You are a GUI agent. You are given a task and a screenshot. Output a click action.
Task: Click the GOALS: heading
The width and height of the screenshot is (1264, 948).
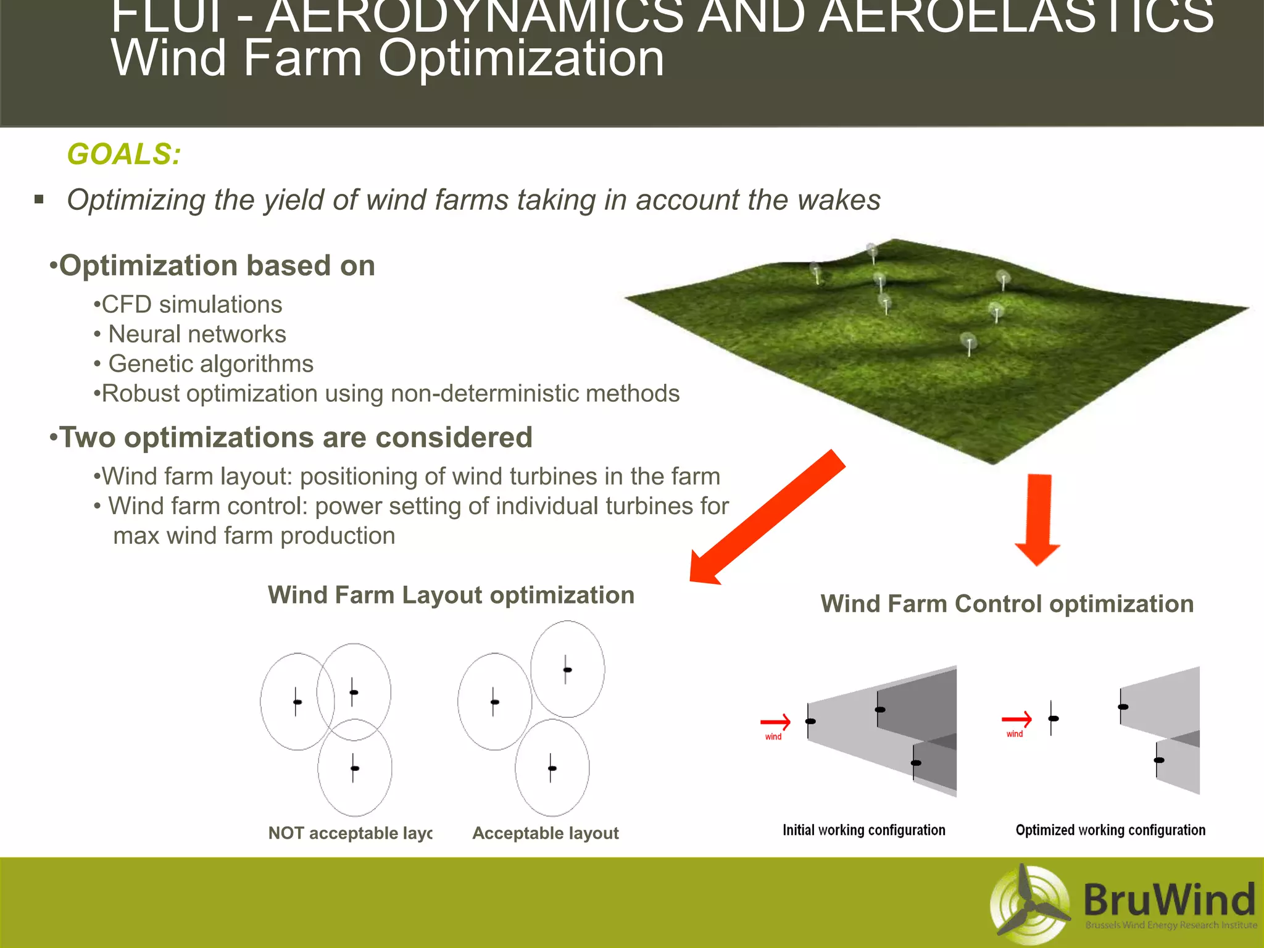pyautogui.click(x=123, y=154)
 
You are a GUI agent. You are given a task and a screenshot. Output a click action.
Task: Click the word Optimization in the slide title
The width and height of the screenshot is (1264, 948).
pyautogui.click(x=521, y=59)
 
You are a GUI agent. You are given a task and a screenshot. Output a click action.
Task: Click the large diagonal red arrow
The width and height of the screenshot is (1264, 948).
pyautogui.click(x=765, y=518)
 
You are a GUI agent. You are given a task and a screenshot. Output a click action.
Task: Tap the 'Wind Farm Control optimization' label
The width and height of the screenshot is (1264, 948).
pyautogui.click(x=1007, y=604)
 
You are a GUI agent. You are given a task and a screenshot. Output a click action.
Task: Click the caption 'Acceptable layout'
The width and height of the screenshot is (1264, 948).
pyautogui.click(x=545, y=833)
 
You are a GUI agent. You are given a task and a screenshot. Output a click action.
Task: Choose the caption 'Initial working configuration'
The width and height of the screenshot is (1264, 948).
pyautogui.click(x=863, y=830)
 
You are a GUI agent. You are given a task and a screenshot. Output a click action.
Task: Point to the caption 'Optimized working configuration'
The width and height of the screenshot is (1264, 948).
pyautogui.click(x=1110, y=830)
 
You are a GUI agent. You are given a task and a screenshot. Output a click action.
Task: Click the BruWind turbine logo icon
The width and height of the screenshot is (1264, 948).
pyautogui.click(x=1029, y=906)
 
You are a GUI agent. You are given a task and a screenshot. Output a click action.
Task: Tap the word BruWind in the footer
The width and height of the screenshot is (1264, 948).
pyautogui.click(x=1169, y=899)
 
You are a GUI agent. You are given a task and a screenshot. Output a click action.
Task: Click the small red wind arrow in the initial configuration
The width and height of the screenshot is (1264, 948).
pyautogui.click(x=775, y=721)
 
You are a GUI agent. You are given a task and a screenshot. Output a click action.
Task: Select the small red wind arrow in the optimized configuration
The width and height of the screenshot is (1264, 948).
pyautogui.click(x=1017, y=719)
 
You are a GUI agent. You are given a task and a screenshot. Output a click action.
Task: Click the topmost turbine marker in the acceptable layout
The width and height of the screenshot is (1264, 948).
pyautogui.click(x=567, y=670)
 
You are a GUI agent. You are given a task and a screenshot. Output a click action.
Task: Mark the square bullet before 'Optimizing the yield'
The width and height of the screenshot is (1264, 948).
pyautogui.click(x=39, y=199)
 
